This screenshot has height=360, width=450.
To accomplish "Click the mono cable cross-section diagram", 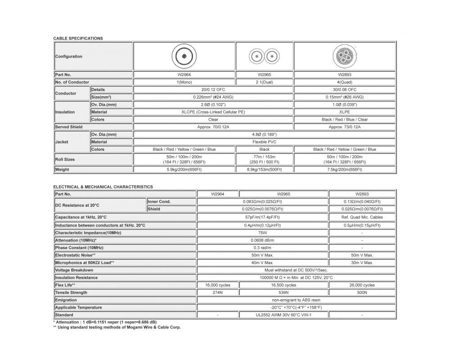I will point(184,57).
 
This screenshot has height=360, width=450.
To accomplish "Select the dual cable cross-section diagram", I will point(264,57).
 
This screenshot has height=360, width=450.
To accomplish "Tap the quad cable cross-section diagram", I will point(345,57).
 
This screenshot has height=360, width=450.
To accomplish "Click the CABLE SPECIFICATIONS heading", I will point(78,39).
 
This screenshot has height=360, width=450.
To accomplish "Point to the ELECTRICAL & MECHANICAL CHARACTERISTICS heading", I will point(103,187).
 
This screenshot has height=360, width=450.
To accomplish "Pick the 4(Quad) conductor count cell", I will point(345,82).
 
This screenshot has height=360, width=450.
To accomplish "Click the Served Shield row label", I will point(69,127).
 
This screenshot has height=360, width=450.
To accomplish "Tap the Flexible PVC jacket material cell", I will point(264,142).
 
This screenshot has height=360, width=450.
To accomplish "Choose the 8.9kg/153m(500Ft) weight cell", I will point(264,170).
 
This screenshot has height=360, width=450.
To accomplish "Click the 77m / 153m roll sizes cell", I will point(264,159).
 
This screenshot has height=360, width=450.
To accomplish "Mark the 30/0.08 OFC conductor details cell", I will point(345,90).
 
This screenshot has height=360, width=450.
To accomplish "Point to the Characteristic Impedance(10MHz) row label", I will point(88,233).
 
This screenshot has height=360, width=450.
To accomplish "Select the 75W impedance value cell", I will point(263,233).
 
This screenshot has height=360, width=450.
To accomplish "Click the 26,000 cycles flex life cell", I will point(362,285).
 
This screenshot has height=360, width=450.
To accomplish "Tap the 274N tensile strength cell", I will point(217,292).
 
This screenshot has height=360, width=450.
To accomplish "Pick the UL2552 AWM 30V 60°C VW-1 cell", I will point(283,315).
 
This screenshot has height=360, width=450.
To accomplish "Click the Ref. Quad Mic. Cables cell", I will point(362,217).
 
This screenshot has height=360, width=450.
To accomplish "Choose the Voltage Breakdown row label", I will point(74,270).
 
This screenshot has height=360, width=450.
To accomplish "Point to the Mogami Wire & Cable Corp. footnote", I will point(117,327).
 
